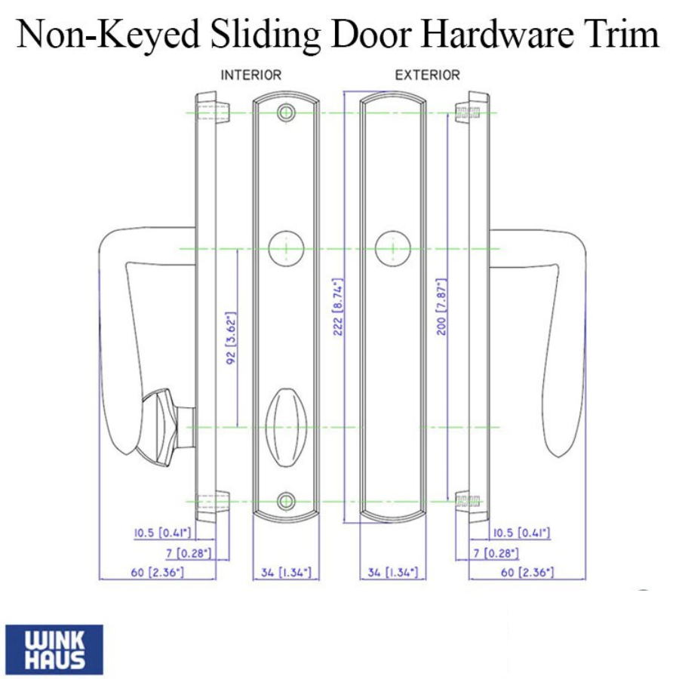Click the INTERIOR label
(251, 75)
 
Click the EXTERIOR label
(428, 75)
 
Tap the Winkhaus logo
(54, 649)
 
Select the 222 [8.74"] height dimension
(338, 306)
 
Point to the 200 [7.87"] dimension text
(441, 306)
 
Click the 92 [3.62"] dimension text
(231, 338)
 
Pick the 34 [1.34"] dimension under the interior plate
(286, 573)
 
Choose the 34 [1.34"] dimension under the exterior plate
(393, 573)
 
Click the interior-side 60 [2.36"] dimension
(157, 573)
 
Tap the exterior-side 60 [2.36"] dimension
(527, 573)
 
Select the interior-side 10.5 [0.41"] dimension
(162, 533)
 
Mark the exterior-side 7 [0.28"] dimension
(496, 553)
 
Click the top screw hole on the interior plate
(286, 113)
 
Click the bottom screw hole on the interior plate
(286, 502)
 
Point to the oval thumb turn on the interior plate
(286, 427)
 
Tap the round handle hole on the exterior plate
(393, 248)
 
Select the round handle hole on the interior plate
(286, 248)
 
